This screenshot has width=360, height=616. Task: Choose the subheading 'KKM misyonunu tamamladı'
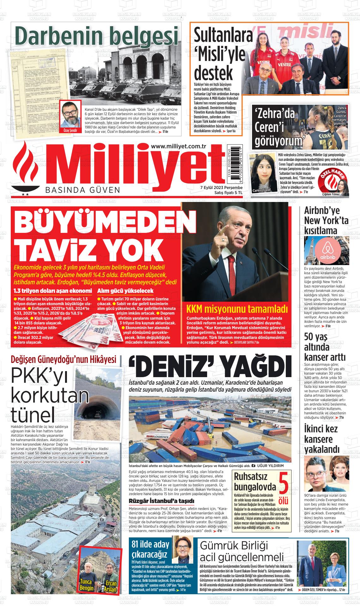(237, 309)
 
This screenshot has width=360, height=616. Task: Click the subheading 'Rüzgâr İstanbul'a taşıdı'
(161, 501)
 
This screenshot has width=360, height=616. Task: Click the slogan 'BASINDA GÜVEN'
(83, 190)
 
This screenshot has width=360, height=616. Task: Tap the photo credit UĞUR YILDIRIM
(271, 465)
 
